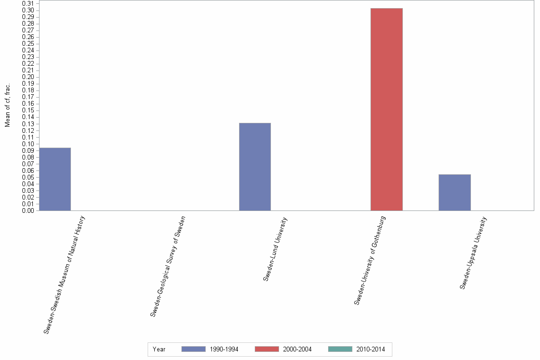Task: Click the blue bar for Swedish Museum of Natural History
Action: (x=55, y=179)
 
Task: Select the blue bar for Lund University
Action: (x=255, y=167)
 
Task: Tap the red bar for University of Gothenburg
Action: (x=386, y=110)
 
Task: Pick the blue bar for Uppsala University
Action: (x=454, y=192)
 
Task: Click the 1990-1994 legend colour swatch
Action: (x=193, y=349)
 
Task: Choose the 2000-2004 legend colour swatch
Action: (x=267, y=349)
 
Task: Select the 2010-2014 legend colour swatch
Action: (x=340, y=349)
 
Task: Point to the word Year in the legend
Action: (x=159, y=350)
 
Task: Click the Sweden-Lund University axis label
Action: (x=275, y=249)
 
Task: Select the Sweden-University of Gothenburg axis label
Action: (x=370, y=260)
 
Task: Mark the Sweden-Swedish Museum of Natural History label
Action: (x=64, y=275)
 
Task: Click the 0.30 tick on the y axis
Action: (x=28, y=10)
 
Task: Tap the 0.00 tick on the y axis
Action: (x=28, y=210)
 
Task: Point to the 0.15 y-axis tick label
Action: (x=28, y=110)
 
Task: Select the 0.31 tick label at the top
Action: (x=28, y=4)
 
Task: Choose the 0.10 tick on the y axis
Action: (x=28, y=144)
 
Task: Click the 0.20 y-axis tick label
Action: (x=28, y=77)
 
